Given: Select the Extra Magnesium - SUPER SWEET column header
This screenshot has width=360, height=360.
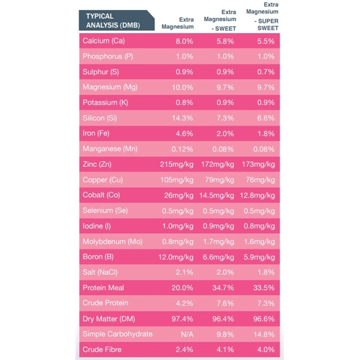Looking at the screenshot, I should point(263,17).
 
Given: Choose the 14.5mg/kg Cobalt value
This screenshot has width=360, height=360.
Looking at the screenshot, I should point(219,195).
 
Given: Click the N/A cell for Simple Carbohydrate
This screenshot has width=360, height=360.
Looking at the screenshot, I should point(186,333).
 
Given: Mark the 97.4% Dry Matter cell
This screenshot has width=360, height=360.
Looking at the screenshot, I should point(182,318).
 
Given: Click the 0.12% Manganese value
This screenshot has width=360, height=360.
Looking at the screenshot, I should point(182,149).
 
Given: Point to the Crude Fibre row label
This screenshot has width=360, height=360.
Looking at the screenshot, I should point(102,349).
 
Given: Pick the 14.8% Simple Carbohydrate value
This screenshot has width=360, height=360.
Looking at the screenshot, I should point(264,333).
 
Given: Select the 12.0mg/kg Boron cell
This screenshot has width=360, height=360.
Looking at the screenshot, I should point(176,257).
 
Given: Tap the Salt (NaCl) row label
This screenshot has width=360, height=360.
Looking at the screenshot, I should point(101,272).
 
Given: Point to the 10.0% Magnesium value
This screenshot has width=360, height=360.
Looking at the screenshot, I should point(182,87).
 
